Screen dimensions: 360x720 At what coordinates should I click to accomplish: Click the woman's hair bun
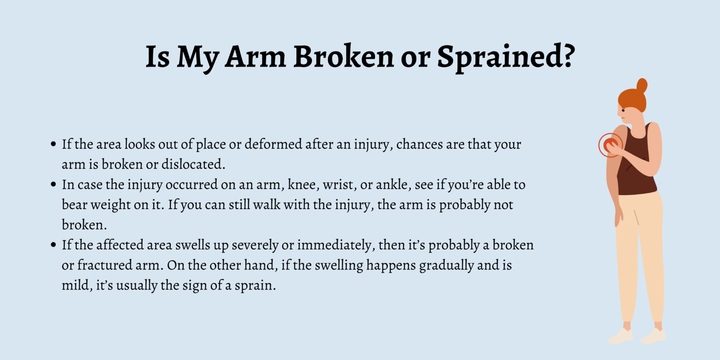tap(641, 85)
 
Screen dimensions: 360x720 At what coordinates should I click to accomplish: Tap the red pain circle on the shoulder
tap(610, 144)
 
